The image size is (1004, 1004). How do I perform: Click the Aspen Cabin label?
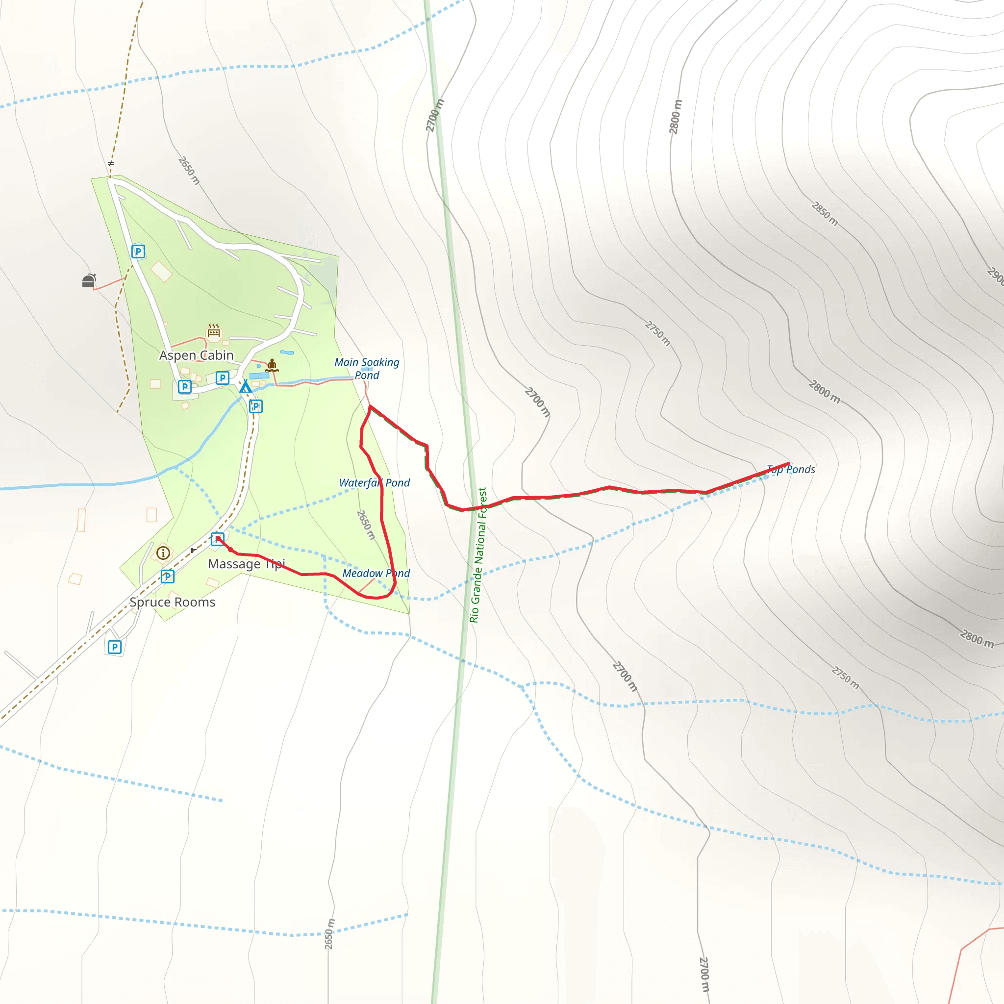[x=196, y=355]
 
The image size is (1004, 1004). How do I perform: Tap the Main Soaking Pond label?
[x=367, y=369]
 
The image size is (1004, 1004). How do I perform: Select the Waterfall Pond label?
[x=374, y=483]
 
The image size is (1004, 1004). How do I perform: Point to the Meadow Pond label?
[x=376, y=573]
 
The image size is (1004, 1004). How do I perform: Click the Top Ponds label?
[x=791, y=469]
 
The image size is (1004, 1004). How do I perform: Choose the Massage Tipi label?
[x=246, y=564]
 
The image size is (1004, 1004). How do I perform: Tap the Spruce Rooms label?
[x=172, y=602]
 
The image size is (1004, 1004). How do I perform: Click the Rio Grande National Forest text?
[x=478, y=554]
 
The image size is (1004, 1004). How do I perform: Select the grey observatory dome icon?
[x=89, y=280]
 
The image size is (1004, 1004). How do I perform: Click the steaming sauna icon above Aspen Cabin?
[x=214, y=330]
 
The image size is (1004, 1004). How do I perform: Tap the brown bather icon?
[x=272, y=365]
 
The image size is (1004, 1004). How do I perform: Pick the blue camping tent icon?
[x=245, y=386]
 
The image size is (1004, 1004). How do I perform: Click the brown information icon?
[x=163, y=553]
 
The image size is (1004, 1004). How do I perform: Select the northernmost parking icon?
[x=138, y=251]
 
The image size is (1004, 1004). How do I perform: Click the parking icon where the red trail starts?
[x=218, y=539]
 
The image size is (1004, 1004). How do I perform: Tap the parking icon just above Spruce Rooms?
[x=167, y=577]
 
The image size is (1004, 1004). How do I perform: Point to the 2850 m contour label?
[x=825, y=214]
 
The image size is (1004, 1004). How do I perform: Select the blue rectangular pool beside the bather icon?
[x=259, y=376]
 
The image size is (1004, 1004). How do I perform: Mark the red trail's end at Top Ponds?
[x=788, y=463]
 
